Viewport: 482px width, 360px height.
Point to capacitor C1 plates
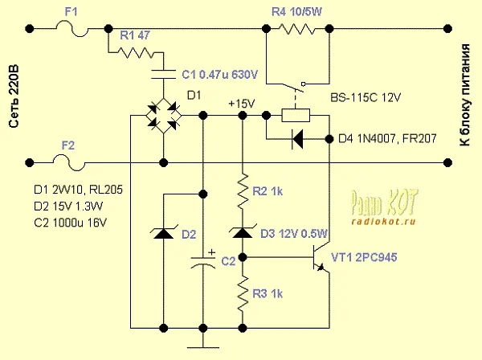click(x=164, y=74)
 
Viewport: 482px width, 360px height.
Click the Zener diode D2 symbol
click(x=164, y=234)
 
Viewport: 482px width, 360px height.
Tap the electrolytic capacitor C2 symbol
click(x=203, y=261)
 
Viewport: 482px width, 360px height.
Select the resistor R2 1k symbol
click(x=243, y=192)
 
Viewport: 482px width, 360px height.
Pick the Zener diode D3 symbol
click(x=243, y=233)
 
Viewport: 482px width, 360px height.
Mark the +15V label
click(x=241, y=104)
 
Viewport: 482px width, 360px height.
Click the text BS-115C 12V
click(x=371, y=98)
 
